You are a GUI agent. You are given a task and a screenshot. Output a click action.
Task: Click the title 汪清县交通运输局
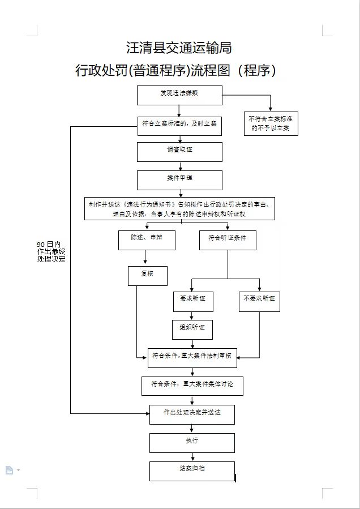pyautogui.click(x=179, y=48)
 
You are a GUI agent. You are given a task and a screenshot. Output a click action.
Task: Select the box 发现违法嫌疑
pyautogui.click(x=179, y=95)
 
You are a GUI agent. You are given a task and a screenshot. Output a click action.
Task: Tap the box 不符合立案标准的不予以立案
pyautogui.click(x=271, y=124)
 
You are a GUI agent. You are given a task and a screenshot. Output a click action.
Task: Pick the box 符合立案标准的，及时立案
pyautogui.click(x=179, y=126)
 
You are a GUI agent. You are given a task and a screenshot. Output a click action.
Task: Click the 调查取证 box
pyautogui.click(x=179, y=151)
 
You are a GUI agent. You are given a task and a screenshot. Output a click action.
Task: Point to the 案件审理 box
pyautogui.click(x=179, y=179)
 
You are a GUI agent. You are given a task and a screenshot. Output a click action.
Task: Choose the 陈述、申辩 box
pyautogui.click(x=146, y=240)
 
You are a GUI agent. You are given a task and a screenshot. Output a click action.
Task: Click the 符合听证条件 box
pyautogui.click(x=227, y=240)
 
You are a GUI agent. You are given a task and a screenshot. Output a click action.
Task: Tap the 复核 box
pyautogui.click(x=147, y=275)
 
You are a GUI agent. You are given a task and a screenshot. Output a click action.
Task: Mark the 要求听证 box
pyautogui.click(x=192, y=300)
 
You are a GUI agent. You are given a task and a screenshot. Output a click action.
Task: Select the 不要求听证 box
pyautogui.click(x=259, y=300)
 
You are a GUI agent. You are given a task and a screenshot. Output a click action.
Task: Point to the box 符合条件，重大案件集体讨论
pyautogui.click(x=192, y=386)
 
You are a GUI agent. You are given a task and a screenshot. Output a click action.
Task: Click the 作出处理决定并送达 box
pyautogui.click(x=192, y=414)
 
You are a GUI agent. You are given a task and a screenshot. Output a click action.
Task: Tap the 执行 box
pyautogui.click(x=192, y=442)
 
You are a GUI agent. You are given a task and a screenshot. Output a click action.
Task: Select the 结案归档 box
pyautogui.click(x=192, y=471)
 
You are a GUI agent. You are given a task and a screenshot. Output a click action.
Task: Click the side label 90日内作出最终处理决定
pyautogui.click(x=51, y=252)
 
